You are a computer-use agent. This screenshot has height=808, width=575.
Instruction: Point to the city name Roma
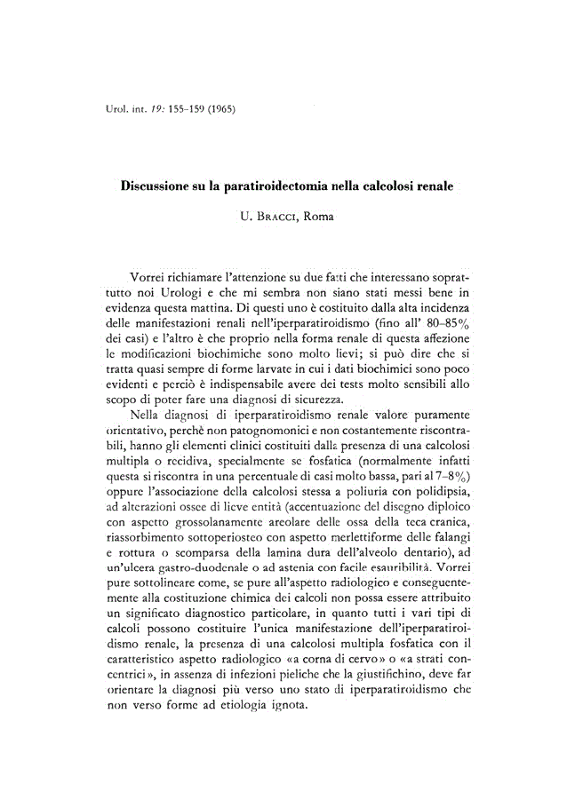coord(317,216)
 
